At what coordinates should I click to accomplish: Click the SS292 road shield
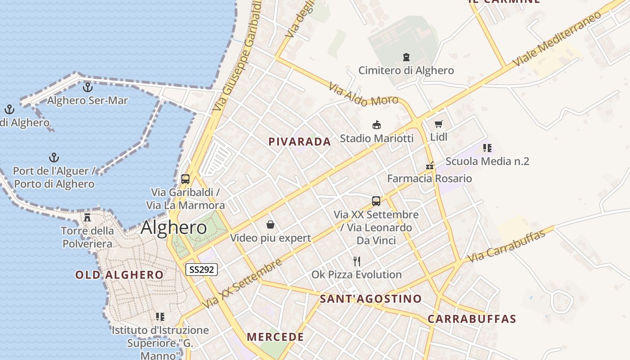202,270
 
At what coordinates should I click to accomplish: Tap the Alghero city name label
174,228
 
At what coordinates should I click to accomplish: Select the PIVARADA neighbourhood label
300,142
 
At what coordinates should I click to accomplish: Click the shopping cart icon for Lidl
439,124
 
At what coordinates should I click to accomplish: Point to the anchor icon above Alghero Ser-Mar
88,87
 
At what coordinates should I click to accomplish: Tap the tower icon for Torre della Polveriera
87,217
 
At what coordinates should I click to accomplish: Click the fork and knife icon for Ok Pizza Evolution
357,261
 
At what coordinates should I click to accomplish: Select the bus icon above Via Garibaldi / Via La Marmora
185,179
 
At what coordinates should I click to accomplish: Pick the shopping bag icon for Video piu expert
270,224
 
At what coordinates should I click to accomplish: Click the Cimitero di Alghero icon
406,57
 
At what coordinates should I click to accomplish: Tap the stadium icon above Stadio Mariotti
377,125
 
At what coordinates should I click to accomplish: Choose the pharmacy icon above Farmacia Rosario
430,166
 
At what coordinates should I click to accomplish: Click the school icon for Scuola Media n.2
487,148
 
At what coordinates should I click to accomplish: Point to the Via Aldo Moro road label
364,94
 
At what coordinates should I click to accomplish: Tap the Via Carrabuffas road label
506,246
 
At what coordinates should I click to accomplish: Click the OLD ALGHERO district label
119,275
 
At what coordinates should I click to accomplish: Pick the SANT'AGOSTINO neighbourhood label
371,299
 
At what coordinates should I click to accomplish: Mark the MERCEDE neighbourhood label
275,337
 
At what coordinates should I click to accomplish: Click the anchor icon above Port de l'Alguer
54,157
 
